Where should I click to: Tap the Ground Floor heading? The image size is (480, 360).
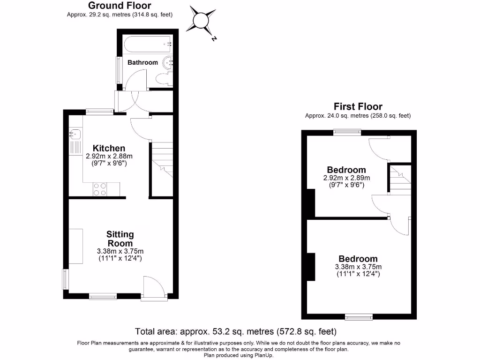pyautogui.click(x=120, y=6)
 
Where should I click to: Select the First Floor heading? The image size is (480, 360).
pyautogui.click(x=358, y=106)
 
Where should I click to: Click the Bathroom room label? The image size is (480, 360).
pyautogui.click(x=142, y=62)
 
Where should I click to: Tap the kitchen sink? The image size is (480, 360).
pyautogui.click(x=75, y=134)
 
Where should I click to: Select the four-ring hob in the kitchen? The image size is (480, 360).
pyautogui.click(x=100, y=189)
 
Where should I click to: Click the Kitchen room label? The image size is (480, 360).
pyautogui.click(x=109, y=148)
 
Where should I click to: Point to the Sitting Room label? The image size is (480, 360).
pyautogui.click(x=120, y=239)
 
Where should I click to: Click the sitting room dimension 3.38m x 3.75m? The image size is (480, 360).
pyautogui.click(x=120, y=251)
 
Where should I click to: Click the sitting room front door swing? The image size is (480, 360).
pyautogui.click(x=154, y=286)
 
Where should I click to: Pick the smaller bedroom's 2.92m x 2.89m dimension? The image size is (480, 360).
pyautogui.click(x=346, y=178)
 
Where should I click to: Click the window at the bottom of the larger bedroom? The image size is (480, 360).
pyautogui.click(x=359, y=317)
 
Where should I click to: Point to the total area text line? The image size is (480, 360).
pyautogui.click(x=236, y=332)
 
